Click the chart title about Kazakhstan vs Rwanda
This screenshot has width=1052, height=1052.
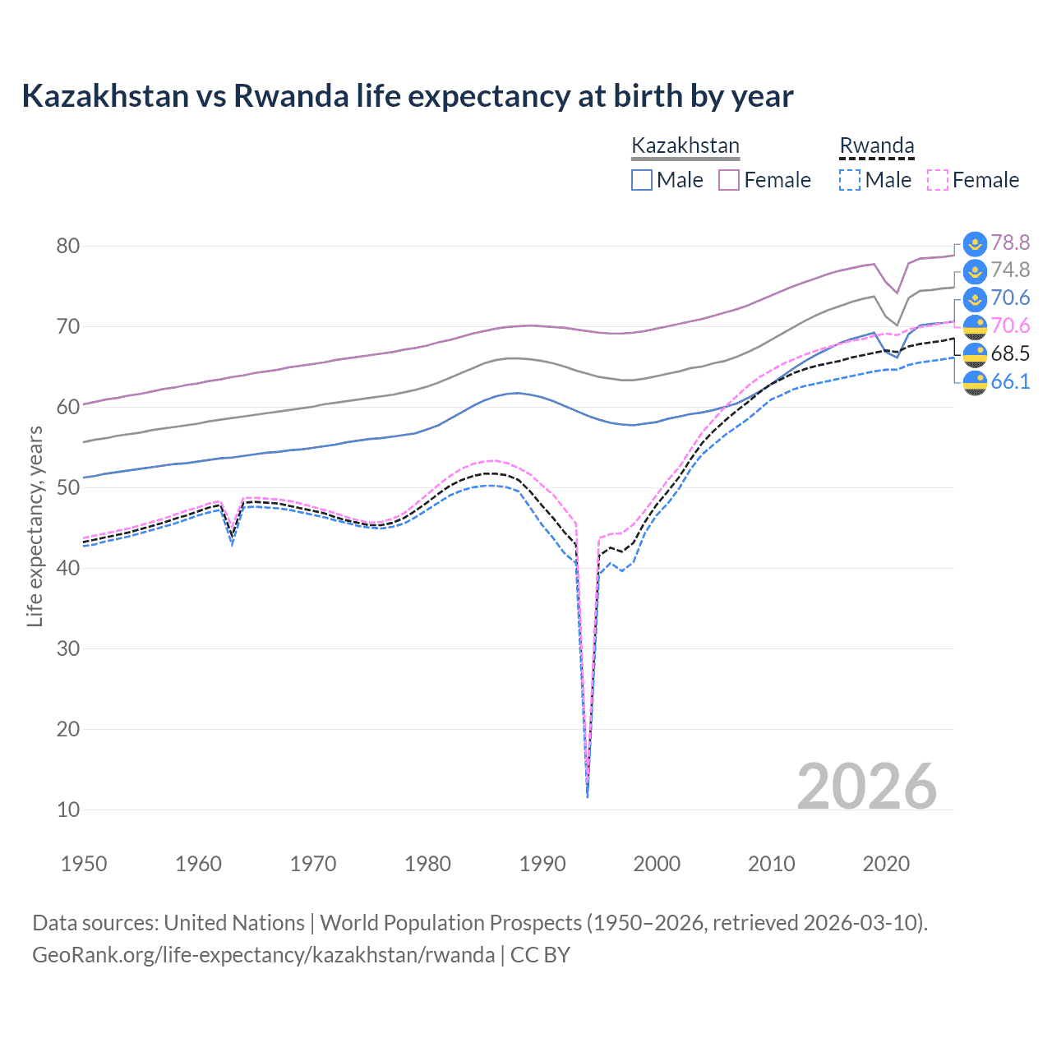click(x=408, y=96)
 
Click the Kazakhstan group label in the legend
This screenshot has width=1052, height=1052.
click(x=685, y=145)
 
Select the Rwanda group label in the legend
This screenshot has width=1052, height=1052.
click(x=876, y=145)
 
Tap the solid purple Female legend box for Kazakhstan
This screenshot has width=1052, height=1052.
click(x=729, y=180)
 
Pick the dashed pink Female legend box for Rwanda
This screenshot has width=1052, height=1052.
click(x=937, y=180)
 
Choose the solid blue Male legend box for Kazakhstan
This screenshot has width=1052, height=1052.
click(x=642, y=180)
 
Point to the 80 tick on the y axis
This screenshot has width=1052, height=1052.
click(x=68, y=246)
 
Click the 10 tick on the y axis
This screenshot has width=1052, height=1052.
click(x=68, y=810)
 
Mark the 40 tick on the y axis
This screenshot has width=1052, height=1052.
click(x=68, y=568)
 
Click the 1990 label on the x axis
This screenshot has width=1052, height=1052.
click(x=542, y=864)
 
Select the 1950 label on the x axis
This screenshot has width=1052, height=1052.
click(x=84, y=864)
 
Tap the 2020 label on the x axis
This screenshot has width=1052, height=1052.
click(x=886, y=864)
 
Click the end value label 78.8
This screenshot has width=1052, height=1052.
click(x=1010, y=242)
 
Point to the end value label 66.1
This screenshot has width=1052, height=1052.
click(x=1010, y=381)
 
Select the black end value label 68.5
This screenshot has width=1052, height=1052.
click(x=1010, y=353)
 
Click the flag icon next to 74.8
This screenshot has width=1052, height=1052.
click(x=975, y=271)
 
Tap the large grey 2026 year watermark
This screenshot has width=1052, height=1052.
click(x=866, y=787)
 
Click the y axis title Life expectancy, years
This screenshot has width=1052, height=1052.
click(x=35, y=526)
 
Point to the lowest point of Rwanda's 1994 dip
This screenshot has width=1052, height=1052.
click(x=587, y=796)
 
